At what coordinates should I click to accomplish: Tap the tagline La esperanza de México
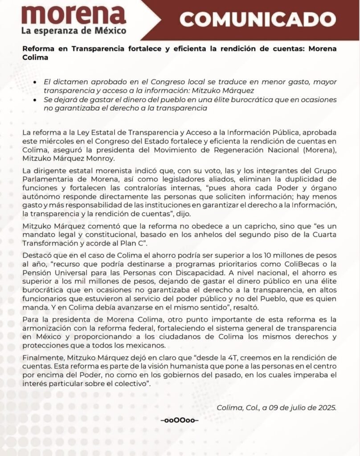[x=74, y=31]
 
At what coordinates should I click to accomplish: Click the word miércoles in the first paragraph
[x=52, y=142]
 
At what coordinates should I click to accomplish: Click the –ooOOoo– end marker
[x=180, y=420]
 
